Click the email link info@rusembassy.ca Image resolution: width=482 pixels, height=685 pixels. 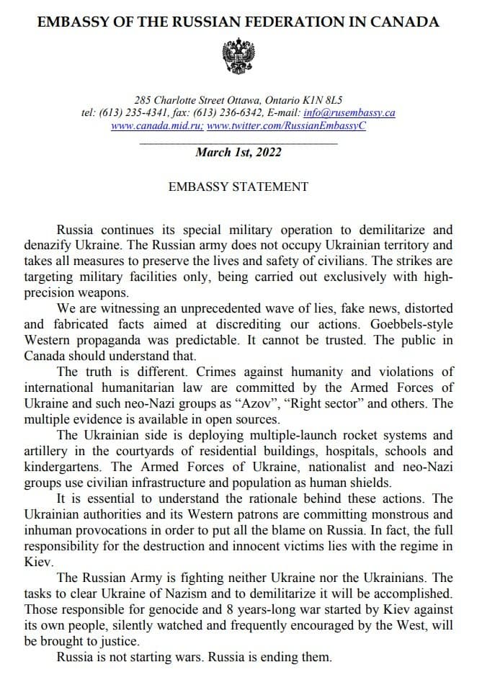coord(349,112)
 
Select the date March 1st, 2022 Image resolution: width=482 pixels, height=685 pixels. coord(238,152)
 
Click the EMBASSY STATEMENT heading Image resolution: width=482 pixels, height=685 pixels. coord(238,187)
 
